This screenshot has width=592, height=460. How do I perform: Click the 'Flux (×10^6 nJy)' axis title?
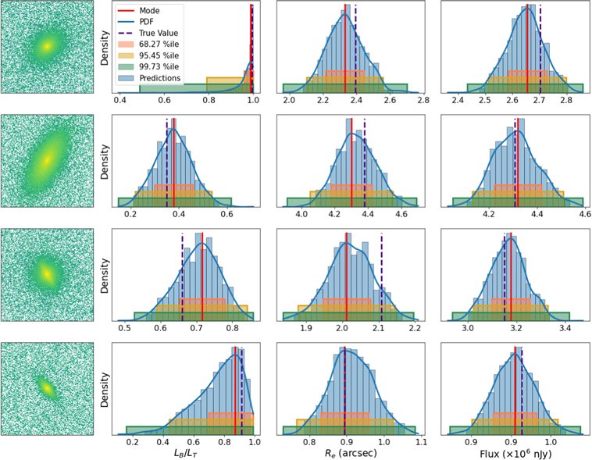point(512,453)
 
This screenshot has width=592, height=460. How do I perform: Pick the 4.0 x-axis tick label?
point(303,212)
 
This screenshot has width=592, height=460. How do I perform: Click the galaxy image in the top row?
point(47,47)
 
